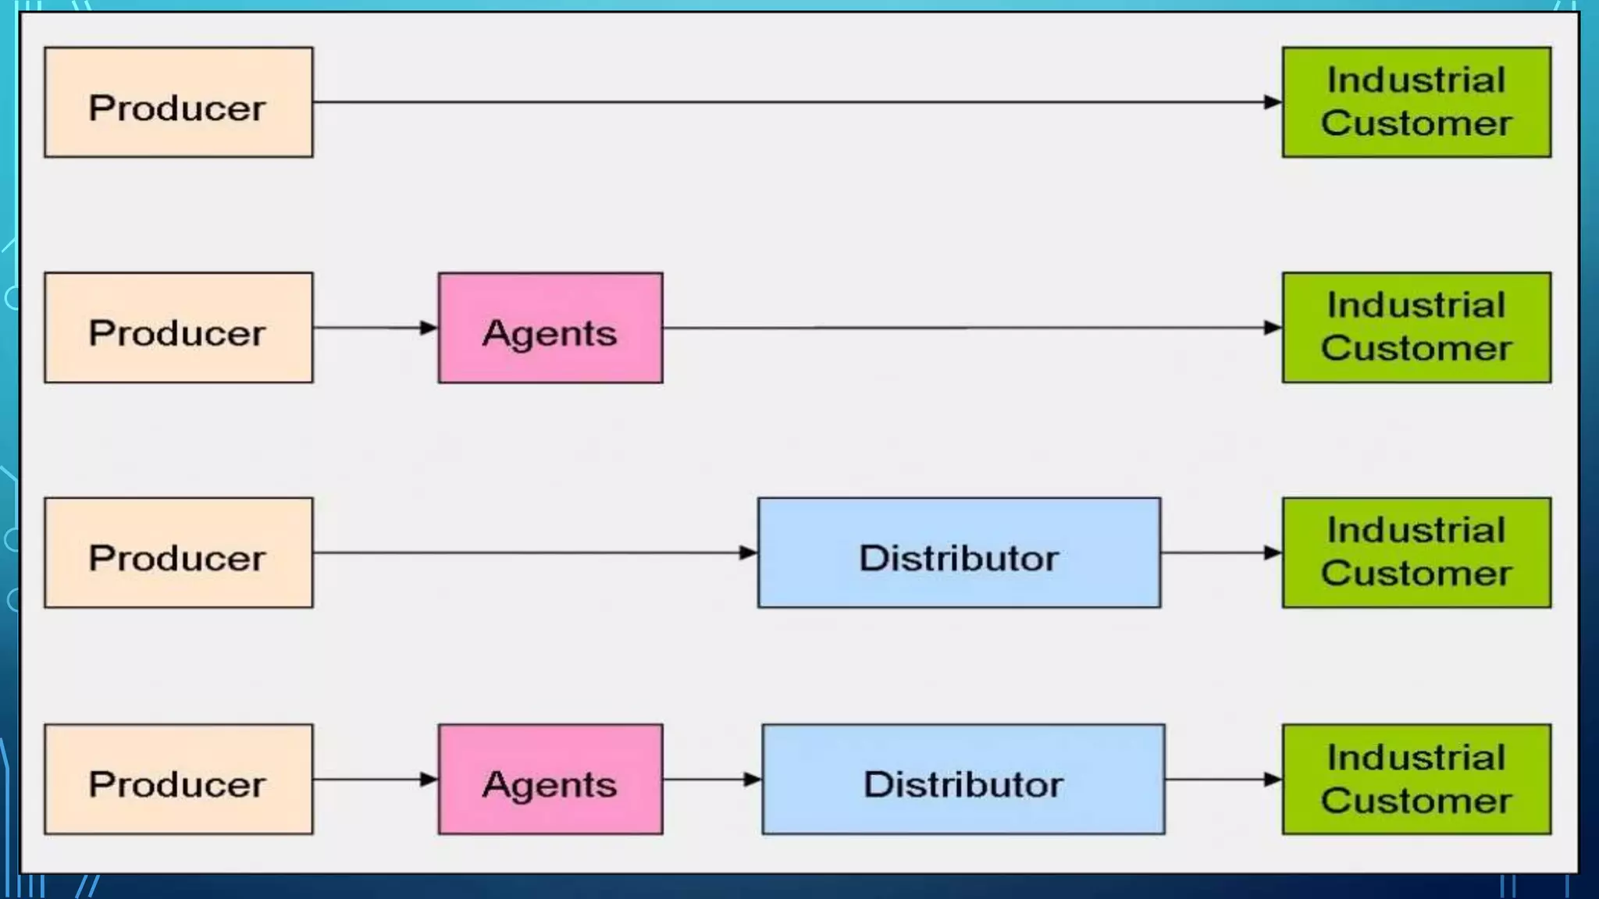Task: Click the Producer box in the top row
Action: [x=178, y=102]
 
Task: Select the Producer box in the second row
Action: [x=178, y=328]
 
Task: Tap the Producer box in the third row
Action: [x=178, y=553]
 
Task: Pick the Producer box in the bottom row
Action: [x=178, y=779]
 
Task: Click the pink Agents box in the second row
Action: [x=550, y=328]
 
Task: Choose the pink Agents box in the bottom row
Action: [x=550, y=779]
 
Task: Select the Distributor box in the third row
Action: [x=959, y=553]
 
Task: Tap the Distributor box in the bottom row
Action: [x=963, y=779]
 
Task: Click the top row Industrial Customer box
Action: [x=1416, y=102]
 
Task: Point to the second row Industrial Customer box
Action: [x=1416, y=328]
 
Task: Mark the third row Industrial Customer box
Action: [x=1416, y=553]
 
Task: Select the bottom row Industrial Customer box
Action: [x=1416, y=779]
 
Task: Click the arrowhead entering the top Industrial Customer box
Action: [x=1273, y=102]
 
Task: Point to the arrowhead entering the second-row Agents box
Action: [x=429, y=328]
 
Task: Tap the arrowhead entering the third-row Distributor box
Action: [x=748, y=553]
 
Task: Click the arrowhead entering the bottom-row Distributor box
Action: [x=753, y=779]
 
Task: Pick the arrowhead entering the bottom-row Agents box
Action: [x=429, y=779]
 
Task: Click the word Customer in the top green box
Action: [x=1416, y=123]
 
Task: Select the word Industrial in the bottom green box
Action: [x=1416, y=758]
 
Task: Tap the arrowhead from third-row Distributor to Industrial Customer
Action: [x=1273, y=553]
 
